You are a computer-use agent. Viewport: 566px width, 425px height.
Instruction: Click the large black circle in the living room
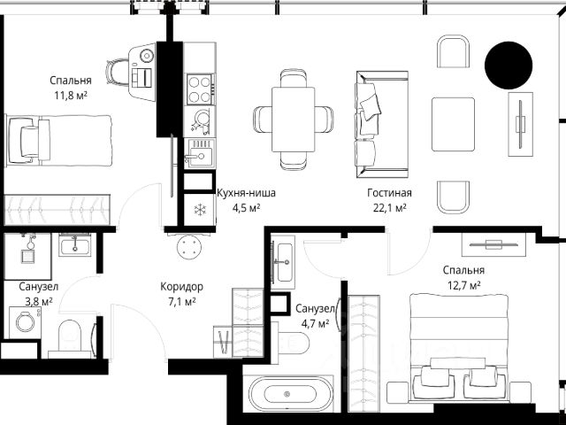(509, 66)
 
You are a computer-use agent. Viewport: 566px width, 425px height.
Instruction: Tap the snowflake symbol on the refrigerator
(200, 210)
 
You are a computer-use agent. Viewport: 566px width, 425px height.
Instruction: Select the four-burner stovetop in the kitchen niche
(200, 89)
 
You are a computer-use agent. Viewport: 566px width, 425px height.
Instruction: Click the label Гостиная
(389, 193)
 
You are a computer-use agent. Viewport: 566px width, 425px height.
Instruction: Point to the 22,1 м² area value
(389, 208)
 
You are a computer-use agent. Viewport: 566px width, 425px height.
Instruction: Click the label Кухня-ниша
(246, 193)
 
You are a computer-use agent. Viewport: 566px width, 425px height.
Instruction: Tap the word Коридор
(181, 287)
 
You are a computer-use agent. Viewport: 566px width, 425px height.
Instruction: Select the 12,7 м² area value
(463, 285)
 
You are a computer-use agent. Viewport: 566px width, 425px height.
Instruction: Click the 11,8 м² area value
(71, 96)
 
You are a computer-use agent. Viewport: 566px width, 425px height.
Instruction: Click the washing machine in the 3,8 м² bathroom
(26, 322)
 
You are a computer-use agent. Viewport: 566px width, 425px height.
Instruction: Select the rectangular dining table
(293, 120)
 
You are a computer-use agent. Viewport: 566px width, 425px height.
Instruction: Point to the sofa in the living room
(382, 124)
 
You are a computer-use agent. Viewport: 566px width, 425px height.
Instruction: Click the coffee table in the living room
(453, 124)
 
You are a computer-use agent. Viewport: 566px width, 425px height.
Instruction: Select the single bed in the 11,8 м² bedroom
(59, 141)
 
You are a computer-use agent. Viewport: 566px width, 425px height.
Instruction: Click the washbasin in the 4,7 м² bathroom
(283, 262)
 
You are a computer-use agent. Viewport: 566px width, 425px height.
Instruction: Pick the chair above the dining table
(294, 78)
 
